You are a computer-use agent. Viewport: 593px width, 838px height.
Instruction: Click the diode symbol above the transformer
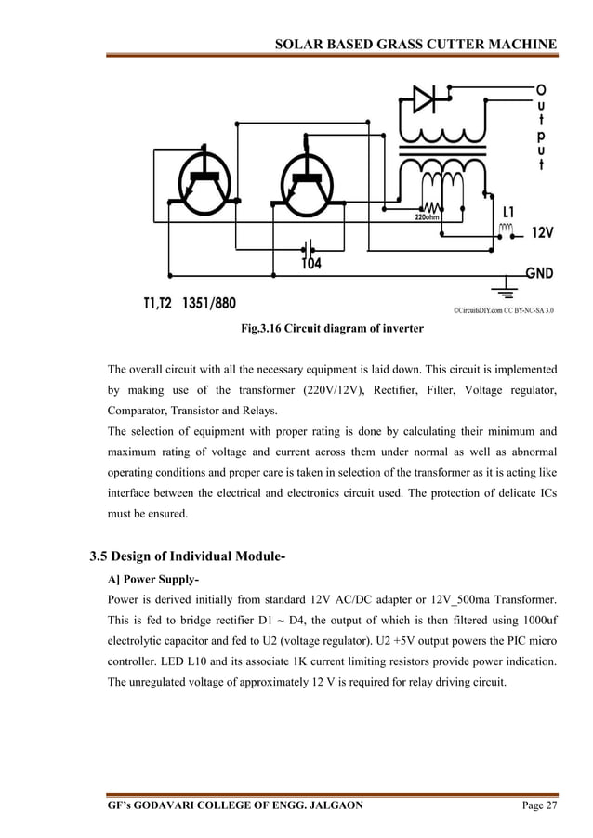[x=424, y=98]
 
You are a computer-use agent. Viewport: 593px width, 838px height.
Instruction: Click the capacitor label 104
[x=312, y=265]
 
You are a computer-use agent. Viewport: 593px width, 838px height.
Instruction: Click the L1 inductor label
[x=511, y=211]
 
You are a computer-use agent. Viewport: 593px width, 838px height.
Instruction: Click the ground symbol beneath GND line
[x=507, y=287]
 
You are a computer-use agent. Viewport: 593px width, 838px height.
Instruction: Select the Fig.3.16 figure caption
[x=332, y=328]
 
